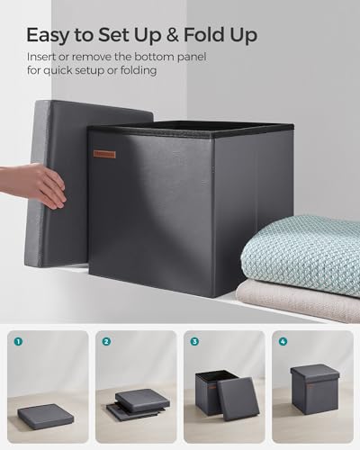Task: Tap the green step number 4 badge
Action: click(x=283, y=342)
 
